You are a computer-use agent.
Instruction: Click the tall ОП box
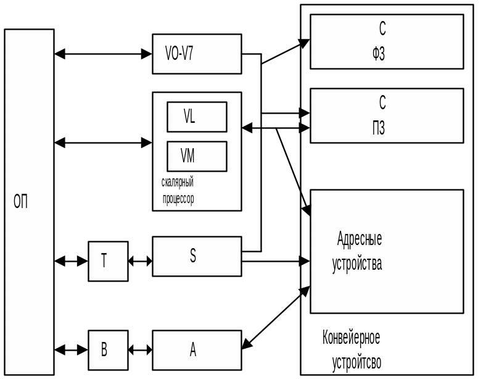point(29,202)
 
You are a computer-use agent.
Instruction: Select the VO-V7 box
point(197,54)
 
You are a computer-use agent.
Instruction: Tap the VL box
point(197,117)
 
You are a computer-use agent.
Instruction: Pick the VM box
point(197,156)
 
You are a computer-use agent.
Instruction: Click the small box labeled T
point(108,261)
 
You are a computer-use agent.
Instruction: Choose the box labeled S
point(197,256)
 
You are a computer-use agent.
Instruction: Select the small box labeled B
point(108,350)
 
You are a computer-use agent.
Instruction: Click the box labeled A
point(197,350)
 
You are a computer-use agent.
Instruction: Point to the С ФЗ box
point(387,41)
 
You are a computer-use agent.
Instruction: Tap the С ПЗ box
point(387,115)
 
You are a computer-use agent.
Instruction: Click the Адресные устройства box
point(387,251)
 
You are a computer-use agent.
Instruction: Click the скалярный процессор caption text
point(178,191)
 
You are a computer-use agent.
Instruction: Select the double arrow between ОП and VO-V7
point(103,54)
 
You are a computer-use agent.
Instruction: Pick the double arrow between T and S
point(140,261)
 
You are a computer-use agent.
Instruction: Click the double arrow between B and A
point(140,350)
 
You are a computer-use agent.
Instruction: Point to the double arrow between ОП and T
point(71,261)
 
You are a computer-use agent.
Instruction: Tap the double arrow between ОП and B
point(71,350)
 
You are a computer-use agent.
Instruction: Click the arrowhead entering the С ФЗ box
point(304,43)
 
